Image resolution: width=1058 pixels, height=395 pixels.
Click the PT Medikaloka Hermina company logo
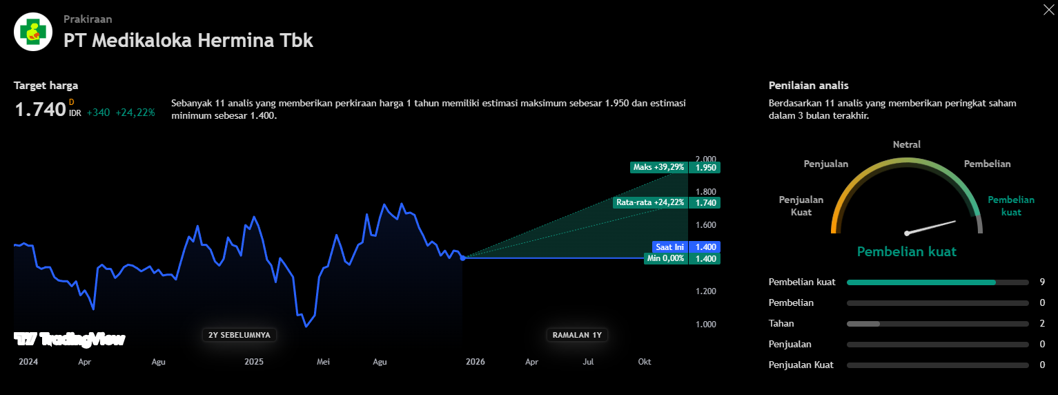pos(32,32)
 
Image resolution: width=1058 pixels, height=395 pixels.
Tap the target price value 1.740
pos(40,109)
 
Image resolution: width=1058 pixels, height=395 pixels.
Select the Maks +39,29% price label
pos(658,167)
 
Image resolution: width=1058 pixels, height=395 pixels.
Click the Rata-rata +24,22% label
pos(650,202)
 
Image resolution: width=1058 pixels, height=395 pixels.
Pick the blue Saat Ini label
pos(669,247)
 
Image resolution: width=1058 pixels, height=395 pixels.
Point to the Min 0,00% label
pos(665,258)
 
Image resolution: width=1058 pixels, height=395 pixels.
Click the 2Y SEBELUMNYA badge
pos(239,335)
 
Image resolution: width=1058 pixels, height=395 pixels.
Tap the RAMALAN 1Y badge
pos(578,335)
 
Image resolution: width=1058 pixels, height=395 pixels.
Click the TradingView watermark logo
pos(70,339)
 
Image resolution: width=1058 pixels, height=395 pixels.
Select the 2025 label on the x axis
pos(254,362)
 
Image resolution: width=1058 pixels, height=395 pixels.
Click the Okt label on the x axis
pos(644,362)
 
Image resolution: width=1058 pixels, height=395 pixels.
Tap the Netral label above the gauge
pos(907,145)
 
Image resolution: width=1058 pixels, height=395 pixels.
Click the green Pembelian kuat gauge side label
pos(1011,206)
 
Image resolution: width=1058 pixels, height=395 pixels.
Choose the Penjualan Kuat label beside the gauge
pos(801,206)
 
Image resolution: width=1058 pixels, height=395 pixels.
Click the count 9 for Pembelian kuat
pos(1042,282)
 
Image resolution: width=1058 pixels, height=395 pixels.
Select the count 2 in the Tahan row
pos(1042,323)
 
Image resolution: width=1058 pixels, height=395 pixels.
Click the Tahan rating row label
pos(781,323)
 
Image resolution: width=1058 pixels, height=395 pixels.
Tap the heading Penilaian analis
pos(808,86)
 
